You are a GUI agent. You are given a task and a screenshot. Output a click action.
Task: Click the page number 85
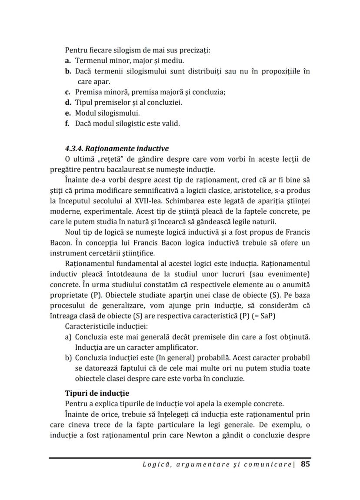pyautogui.click(x=305, y=464)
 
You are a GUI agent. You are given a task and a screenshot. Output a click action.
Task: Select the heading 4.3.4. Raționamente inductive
pyautogui.click(x=117, y=149)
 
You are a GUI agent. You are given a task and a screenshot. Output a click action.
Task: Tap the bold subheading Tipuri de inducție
pyautogui.click(x=97, y=393)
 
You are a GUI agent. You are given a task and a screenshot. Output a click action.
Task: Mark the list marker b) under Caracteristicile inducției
pyautogui.click(x=68, y=358)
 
